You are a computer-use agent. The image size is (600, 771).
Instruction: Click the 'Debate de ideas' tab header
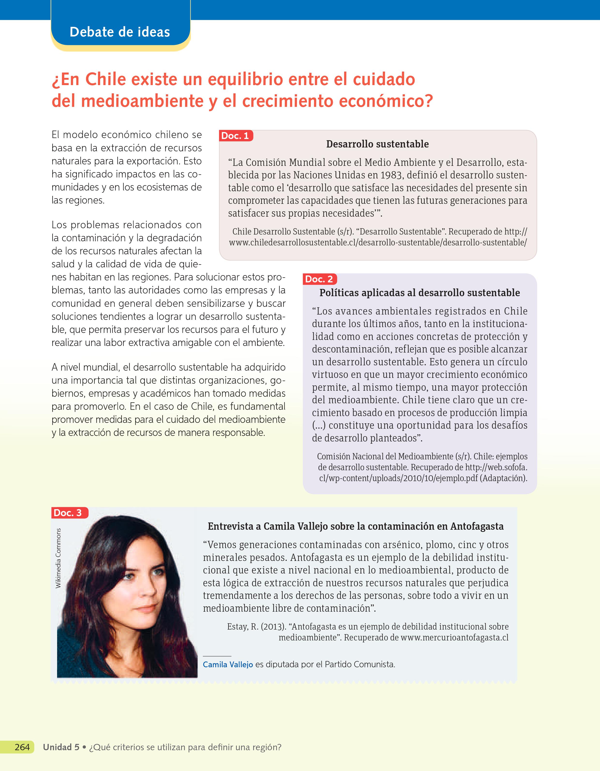click(x=120, y=32)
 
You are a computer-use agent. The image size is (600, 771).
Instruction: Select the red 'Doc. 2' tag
click(x=319, y=279)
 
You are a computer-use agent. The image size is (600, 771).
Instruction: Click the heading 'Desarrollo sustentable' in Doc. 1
click(x=377, y=144)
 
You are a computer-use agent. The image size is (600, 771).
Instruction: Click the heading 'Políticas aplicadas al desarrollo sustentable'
click(x=420, y=293)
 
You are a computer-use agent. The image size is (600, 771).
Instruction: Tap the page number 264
click(x=22, y=747)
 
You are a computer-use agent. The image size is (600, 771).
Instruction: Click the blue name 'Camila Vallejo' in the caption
click(x=228, y=664)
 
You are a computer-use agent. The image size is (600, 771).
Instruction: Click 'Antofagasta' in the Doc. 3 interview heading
click(x=477, y=526)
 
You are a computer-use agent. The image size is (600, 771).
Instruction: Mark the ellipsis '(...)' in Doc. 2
click(x=319, y=425)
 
